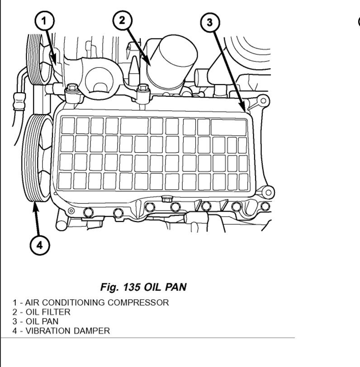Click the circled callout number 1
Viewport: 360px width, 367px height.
click(45, 21)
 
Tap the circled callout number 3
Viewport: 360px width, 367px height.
click(210, 23)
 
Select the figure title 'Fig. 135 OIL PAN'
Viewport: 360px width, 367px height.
click(143, 287)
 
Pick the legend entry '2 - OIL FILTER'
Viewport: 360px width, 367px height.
click(42, 312)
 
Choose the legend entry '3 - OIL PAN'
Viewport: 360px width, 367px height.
click(36, 321)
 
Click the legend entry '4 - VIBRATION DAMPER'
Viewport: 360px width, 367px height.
click(61, 331)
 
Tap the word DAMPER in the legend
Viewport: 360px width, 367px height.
click(93, 331)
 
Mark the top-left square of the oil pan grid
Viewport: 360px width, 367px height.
click(67, 126)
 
